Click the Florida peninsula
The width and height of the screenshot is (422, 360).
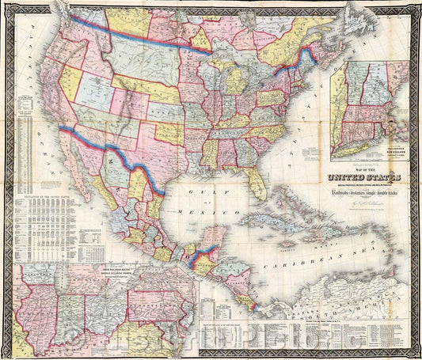tap(254, 183)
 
